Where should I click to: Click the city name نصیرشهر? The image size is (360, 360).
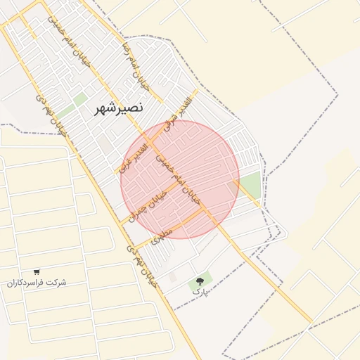coord(118,108)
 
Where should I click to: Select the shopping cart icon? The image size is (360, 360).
coord(37,271)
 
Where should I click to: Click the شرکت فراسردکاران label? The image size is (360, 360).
coord(37,282)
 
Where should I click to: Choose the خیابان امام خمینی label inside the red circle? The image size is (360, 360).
coord(179,179)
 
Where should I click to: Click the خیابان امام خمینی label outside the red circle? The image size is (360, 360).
coord(68,42)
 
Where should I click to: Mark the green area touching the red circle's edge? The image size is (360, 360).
coord(249,185)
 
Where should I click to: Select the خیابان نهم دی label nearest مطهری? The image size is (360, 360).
coord(140,261)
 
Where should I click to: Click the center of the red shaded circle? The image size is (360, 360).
coord(180,179)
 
